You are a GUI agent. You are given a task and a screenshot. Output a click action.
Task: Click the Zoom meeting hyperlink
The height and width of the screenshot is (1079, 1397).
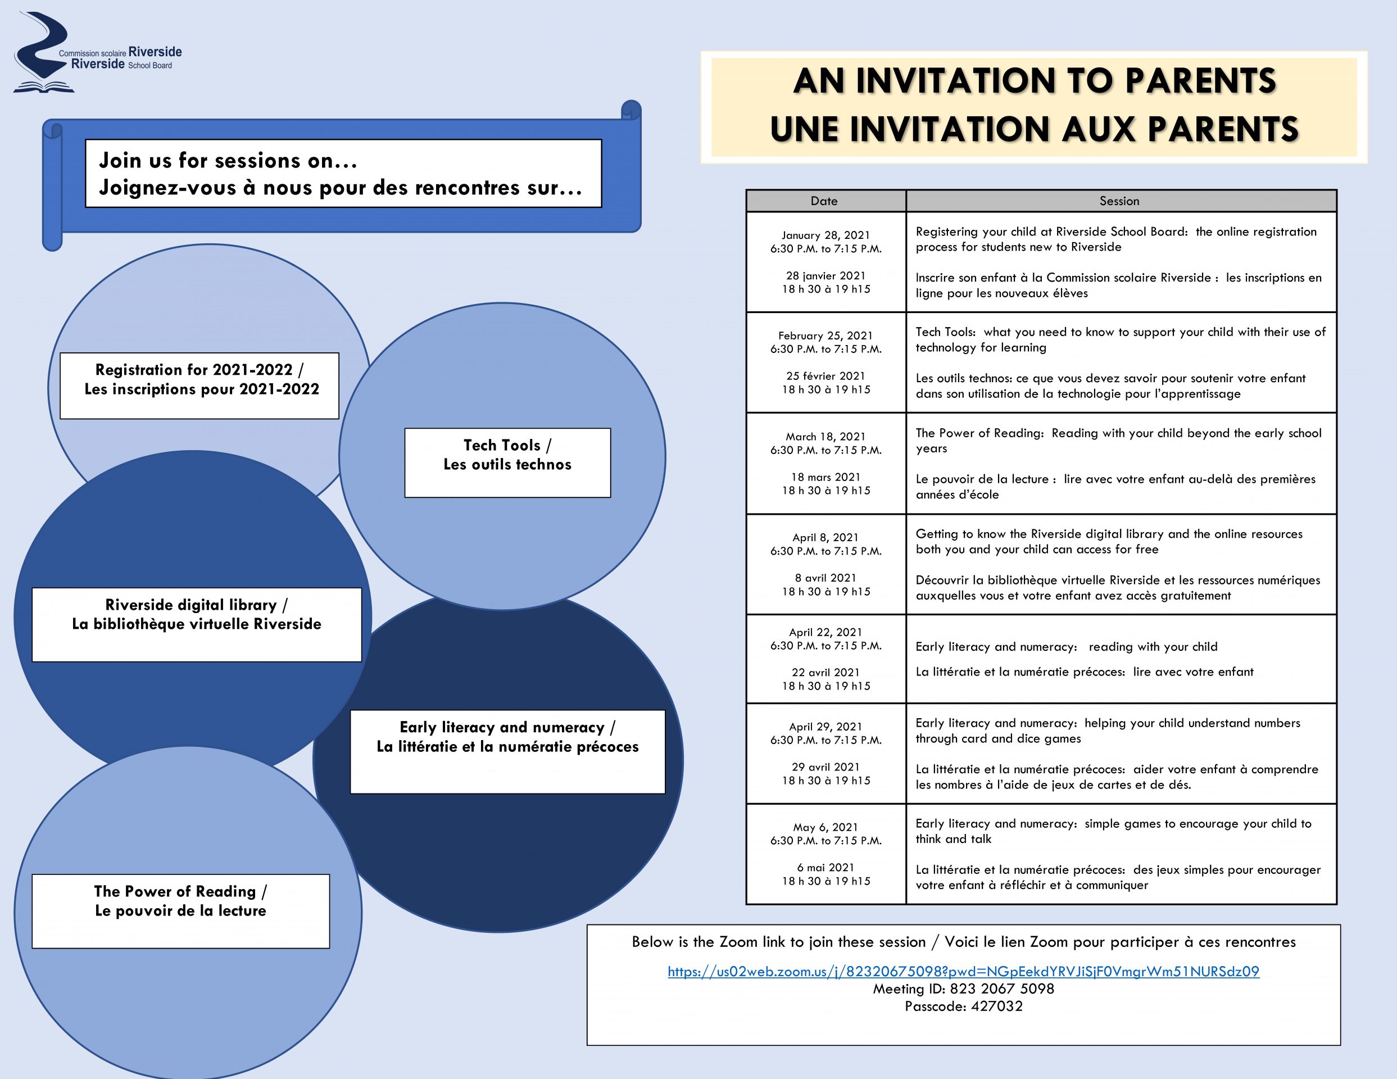click(963, 972)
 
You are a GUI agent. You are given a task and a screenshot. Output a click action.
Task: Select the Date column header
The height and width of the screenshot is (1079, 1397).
click(825, 201)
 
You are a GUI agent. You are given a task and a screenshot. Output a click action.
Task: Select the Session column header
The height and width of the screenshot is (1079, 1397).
click(1120, 201)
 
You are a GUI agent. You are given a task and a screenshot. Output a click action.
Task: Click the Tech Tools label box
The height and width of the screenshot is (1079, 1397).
click(507, 462)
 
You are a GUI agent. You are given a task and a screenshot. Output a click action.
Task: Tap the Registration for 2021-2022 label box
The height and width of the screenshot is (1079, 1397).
click(199, 385)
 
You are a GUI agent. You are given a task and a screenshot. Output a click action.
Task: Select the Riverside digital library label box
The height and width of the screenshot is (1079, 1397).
click(196, 624)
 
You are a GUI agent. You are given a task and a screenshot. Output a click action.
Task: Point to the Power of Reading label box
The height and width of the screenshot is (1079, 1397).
click(180, 910)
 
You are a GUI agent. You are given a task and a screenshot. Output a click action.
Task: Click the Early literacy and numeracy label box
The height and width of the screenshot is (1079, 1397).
click(507, 751)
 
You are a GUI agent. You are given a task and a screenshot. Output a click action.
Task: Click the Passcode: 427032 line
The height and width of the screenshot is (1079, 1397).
click(963, 1006)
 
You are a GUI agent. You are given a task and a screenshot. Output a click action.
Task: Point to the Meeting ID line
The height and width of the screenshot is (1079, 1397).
click(963, 989)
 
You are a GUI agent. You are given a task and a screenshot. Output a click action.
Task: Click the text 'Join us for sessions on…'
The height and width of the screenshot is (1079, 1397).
click(228, 161)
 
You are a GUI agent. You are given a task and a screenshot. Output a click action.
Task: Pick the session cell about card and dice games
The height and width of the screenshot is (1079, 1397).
click(1120, 754)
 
